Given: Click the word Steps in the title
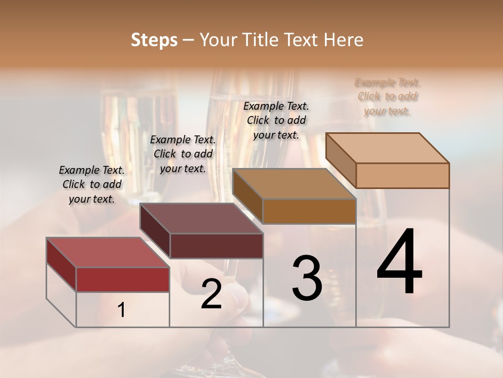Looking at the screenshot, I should (x=154, y=40).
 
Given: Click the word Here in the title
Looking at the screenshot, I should (x=343, y=40).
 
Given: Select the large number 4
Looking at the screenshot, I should (x=399, y=262).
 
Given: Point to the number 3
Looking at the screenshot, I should (x=307, y=278).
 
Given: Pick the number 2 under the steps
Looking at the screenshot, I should (x=211, y=295).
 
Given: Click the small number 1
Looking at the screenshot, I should (x=122, y=310).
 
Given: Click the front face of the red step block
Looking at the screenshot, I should (x=123, y=279).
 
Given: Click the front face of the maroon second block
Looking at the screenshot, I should (x=216, y=246).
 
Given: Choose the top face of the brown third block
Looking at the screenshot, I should (x=294, y=184).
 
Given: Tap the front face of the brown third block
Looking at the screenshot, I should (x=309, y=211).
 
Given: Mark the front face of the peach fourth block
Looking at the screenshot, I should (x=402, y=175).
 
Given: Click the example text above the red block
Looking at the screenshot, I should (x=92, y=184).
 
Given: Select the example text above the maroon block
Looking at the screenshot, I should (x=183, y=154).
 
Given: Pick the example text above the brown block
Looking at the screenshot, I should (x=276, y=120).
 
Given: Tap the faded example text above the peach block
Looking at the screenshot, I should (x=388, y=97).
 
